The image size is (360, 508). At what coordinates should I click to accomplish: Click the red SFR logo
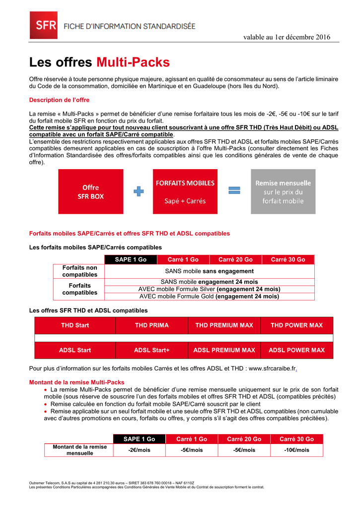[x=43, y=25]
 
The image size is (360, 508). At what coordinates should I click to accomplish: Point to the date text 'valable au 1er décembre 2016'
[x=287, y=37]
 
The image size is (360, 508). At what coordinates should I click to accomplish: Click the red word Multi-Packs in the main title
[x=133, y=63]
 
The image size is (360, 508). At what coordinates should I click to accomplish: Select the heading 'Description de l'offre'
[x=59, y=100]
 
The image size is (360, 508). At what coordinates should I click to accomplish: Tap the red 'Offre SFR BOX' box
[x=91, y=191]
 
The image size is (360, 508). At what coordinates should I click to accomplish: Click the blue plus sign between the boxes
[x=139, y=191]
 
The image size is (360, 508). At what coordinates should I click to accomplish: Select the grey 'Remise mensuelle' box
[x=283, y=191]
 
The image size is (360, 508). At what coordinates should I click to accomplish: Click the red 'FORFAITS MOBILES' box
[x=185, y=191]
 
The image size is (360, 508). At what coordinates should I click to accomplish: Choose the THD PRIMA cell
[x=151, y=325]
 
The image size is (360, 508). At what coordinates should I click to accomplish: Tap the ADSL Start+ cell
[x=151, y=350]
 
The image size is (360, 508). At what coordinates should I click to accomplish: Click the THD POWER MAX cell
[x=296, y=325]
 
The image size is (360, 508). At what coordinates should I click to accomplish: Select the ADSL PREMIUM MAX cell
[x=224, y=350]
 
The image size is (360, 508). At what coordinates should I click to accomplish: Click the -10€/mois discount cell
[x=296, y=450]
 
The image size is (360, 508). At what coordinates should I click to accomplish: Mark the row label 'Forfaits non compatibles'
[x=79, y=271]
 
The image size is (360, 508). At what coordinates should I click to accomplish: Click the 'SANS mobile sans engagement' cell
[x=209, y=271]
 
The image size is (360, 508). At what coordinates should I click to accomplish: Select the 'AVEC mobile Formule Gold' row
[x=209, y=297]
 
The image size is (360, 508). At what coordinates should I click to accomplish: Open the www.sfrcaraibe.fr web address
[x=272, y=369]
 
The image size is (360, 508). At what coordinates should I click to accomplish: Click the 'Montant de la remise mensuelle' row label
[x=79, y=450]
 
